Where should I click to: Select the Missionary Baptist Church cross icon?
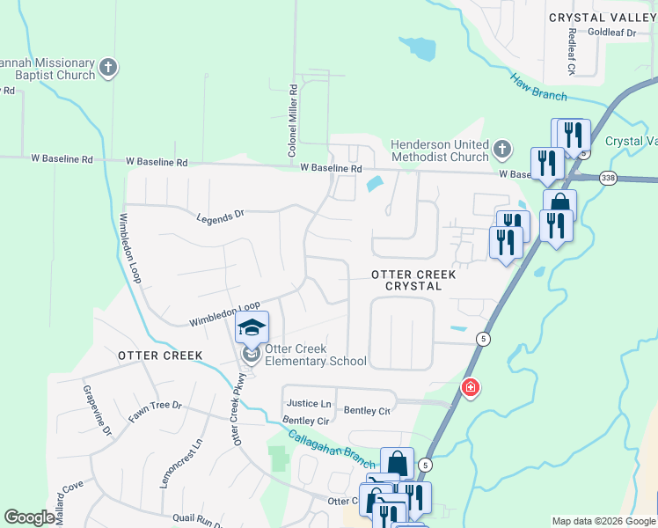point(108,68)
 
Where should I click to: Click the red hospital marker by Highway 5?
point(471,388)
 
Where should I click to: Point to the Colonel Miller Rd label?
point(293,121)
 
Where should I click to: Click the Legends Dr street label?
point(220,216)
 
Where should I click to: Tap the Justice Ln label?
point(309,403)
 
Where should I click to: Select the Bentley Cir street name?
point(305,422)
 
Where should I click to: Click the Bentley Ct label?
point(367,410)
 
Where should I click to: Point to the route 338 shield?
point(608,178)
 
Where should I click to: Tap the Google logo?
point(29,517)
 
